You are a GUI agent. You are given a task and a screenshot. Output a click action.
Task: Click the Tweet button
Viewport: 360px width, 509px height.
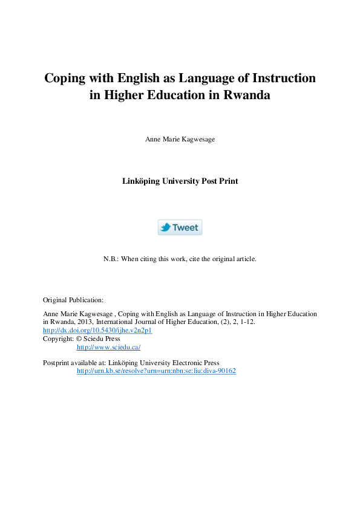[180, 227]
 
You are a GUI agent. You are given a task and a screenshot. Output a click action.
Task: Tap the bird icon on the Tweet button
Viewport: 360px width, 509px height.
[165, 227]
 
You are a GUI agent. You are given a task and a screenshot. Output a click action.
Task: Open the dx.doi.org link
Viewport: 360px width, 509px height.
[97, 331]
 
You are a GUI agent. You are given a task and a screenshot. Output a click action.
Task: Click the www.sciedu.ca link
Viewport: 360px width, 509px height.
[108, 347]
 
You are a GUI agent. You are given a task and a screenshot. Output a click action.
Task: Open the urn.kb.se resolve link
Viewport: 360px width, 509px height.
[156, 371]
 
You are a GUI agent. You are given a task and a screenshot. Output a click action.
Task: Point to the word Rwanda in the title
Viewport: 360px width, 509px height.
[247, 95]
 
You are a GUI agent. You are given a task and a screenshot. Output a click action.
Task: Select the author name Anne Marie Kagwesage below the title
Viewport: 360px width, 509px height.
[180, 139]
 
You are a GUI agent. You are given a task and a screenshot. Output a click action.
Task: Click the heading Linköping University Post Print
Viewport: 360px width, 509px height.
[180, 181]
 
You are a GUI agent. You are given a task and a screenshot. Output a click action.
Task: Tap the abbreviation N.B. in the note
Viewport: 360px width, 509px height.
[111, 259]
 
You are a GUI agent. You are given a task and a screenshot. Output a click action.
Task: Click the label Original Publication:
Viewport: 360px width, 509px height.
[73, 299]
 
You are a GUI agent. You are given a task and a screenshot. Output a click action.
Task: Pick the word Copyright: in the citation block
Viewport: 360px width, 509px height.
[58, 339]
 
